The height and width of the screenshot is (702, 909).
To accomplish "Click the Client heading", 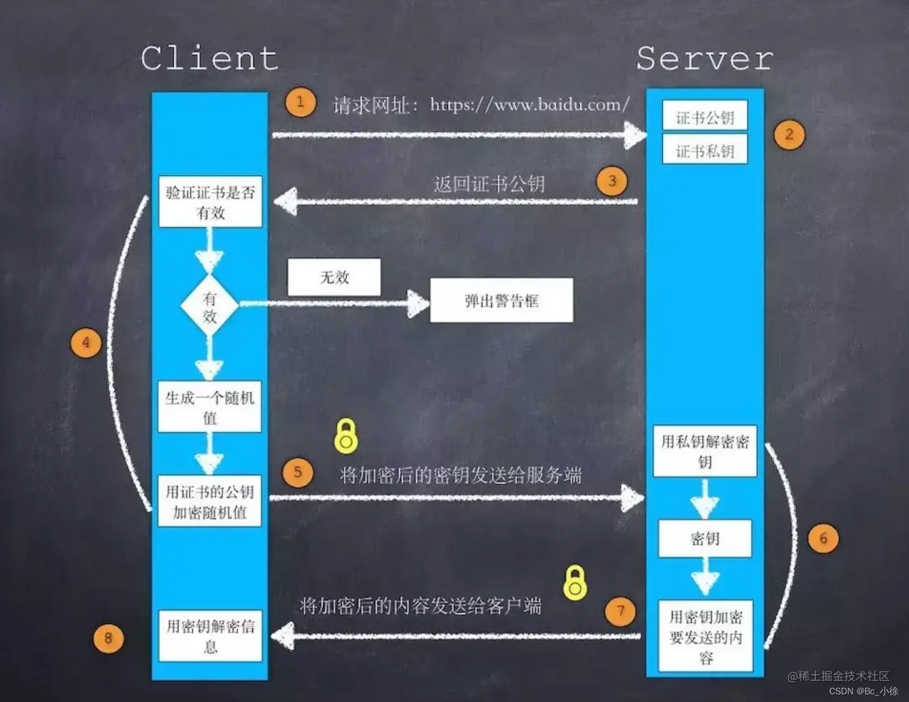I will pyautogui.click(x=210, y=59).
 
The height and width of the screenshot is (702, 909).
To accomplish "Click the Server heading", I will pyautogui.click(x=705, y=59).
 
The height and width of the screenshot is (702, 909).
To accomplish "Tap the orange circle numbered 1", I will pyautogui.click(x=300, y=103).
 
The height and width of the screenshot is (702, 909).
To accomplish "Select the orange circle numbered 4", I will pyautogui.click(x=86, y=343).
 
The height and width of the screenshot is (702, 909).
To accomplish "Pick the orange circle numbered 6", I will pyautogui.click(x=823, y=538).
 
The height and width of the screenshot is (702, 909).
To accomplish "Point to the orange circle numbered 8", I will pyautogui.click(x=108, y=638).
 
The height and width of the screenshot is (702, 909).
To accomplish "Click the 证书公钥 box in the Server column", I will pyautogui.click(x=705, y=117).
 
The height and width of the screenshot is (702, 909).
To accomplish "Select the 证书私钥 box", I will pyautogui.click(x=705, y=150).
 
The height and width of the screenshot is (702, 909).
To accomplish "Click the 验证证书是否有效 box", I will pyautogui.click(x=210, y=202).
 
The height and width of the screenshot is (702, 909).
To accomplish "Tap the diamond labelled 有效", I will pyautogui.click(x=210, y=306).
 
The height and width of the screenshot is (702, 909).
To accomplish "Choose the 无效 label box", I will pyautogui.click(x=334, y=277).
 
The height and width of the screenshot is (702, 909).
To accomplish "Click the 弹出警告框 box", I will pyautogui.click(x=501, y=300).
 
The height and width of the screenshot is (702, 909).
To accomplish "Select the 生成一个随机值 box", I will pyautogui.click(x=210, y=407).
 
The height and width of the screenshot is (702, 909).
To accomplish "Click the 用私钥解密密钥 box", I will pyautogui.click(x=705, y=451).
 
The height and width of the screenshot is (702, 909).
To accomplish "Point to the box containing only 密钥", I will pyautogui.click(x=705, y=539).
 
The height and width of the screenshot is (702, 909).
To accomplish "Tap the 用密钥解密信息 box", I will pyautogui.click(x=210, y=635).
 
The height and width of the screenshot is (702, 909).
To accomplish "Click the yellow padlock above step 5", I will pyautogui.click(x=346, y=436).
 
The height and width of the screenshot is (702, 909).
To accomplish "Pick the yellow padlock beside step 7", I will pyautogui.click(x=575, y=582).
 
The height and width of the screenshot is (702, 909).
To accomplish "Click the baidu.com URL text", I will pyautogui.click(x=529, y=104).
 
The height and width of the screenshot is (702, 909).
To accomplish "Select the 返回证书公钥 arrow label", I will pyautogui.click(x=489, y=184).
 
